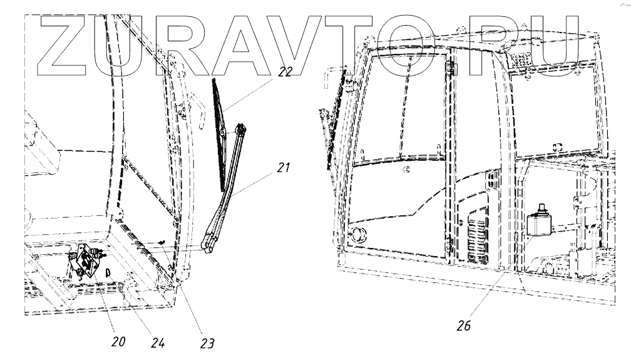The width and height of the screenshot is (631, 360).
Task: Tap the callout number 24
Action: point(158,342)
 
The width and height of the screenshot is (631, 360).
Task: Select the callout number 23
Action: point(207,343)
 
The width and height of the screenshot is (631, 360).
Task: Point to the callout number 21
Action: point(284,167)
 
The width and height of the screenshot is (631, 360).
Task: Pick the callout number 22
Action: point(285,71)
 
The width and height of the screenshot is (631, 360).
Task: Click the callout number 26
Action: point(463,326)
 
